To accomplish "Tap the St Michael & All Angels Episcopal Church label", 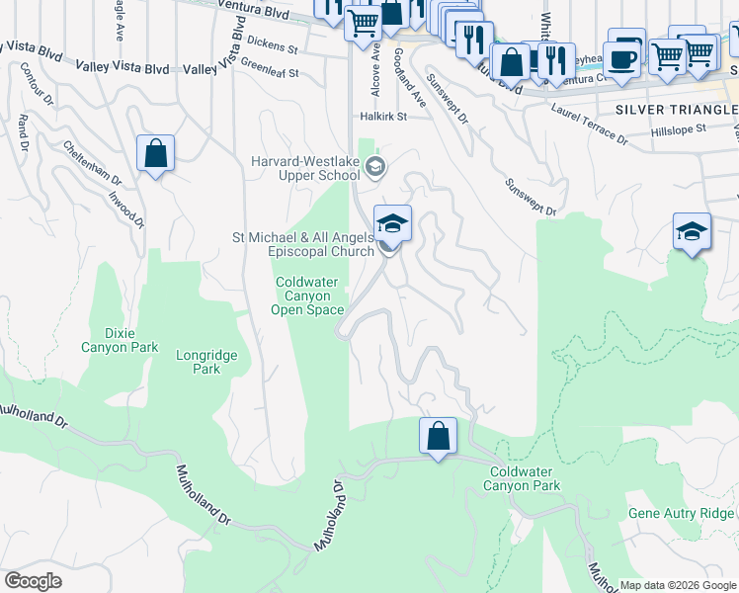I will point(302,244).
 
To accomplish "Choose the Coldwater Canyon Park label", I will point(525,478).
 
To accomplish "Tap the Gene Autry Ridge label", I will point(681,513).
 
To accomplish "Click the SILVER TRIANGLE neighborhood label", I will point(676,109).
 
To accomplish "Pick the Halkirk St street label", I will point(383,116).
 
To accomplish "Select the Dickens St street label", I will point(273,45).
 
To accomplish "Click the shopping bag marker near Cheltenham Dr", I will point(155,154).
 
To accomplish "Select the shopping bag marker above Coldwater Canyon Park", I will point(438,436).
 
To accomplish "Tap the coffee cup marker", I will point(621,58).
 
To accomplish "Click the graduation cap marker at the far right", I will point(692,232).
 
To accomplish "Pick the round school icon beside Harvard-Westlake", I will point(374,167).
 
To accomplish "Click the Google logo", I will point(33,581).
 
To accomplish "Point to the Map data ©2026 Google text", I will point(677,585).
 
